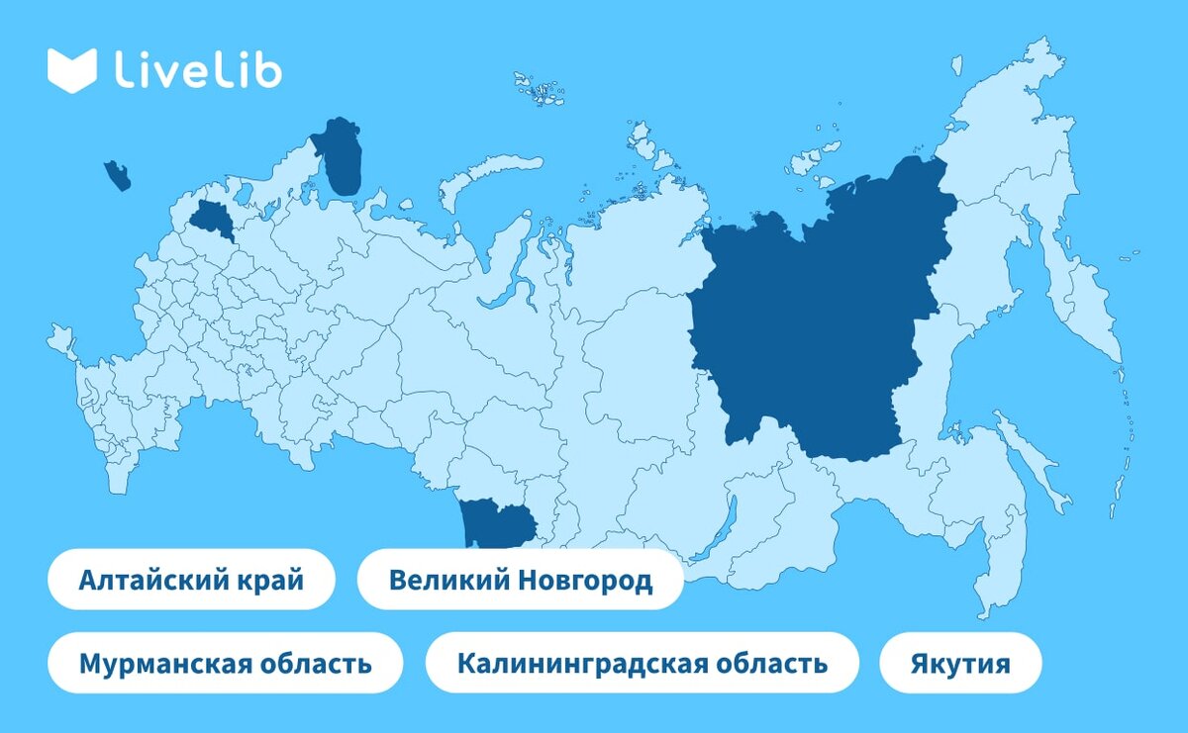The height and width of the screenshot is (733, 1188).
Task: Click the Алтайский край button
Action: [191, 579]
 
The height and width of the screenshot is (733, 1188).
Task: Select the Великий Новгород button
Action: [520, 579]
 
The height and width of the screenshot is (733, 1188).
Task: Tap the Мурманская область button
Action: [226, 662]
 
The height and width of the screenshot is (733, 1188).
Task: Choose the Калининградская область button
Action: [642, 662]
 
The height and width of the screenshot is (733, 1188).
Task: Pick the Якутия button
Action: [960, 662]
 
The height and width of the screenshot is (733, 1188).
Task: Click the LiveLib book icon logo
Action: [71, 70]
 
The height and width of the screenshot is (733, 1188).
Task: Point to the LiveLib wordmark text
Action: [198, 71]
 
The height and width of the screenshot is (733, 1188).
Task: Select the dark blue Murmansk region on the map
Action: [341, 158]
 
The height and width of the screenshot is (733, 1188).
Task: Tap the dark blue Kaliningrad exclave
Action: [117, 176]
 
